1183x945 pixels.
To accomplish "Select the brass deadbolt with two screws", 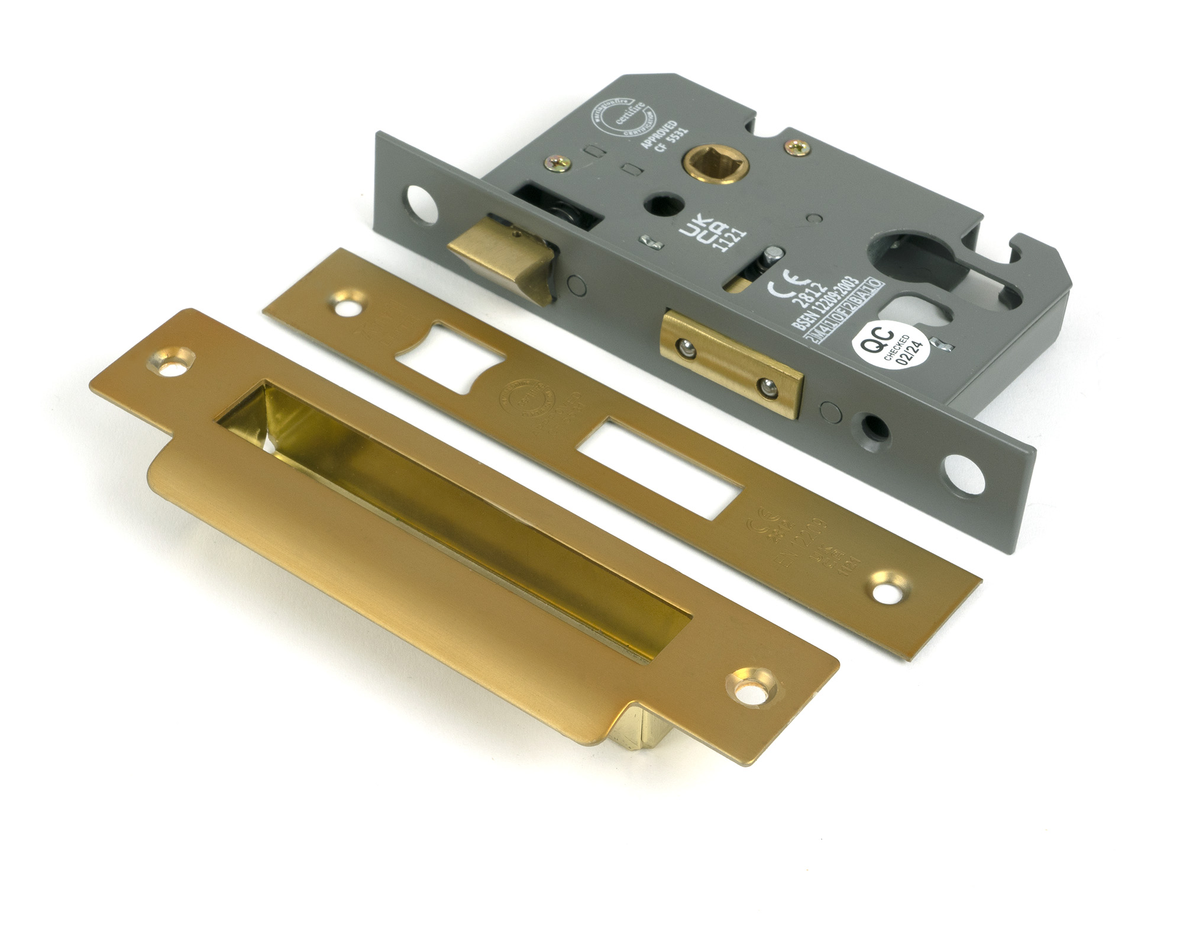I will click(x=732, y=363).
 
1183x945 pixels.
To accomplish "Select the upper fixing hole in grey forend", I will click(x=419, y=201).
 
